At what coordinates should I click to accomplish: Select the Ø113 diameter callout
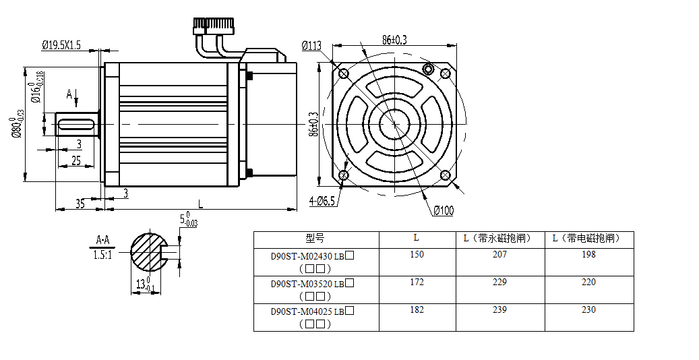pyautogui.click(x=312, y=45)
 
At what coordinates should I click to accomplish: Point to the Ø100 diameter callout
pyautogui.click(x=444, y=210)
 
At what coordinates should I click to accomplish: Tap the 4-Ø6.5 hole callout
pyautogui.click(x=324, y=201)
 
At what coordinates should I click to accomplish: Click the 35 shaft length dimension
pyautogui.click(x=80, y=203)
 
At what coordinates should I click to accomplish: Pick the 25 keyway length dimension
pyautogui.click(x=75, y=160)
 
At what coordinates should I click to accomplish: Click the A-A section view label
pyautogui.click(x=102, y=239)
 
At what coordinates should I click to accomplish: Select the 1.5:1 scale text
pyautogui.click(x=102, y=255)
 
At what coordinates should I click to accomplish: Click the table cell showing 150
pyautogui.click(x=417, y=254)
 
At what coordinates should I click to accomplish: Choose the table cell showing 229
pyautogui.click(x=499, y=282)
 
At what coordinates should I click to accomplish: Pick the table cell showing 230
pyautogui.click(x=588, y=309)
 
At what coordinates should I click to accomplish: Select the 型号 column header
pyautogui.click(x=315, y=238)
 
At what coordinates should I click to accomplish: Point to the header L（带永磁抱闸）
pyautogui.click(x=499, y=238)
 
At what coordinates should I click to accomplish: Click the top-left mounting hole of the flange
pyautogui.click(x=343, y=73)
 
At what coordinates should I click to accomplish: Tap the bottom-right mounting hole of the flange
pyautogui.click(x=445, y=175)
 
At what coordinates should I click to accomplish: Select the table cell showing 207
pyautogui.click(x=499, y=254)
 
